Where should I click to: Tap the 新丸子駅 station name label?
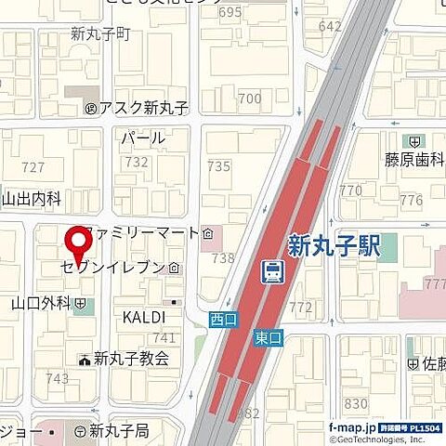[x=335, y=246]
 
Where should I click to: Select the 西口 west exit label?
[x=223, y=319]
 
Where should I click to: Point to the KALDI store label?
[x=144, y=318]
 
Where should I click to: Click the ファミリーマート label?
[x=141, y=231]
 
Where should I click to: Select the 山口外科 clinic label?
[x=42, y=303]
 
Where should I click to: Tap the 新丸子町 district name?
[x=101, y=34]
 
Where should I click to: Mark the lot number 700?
[x=249, y=98]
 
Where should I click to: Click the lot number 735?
[x=218, y=166]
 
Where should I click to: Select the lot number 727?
[x=33, y=166]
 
